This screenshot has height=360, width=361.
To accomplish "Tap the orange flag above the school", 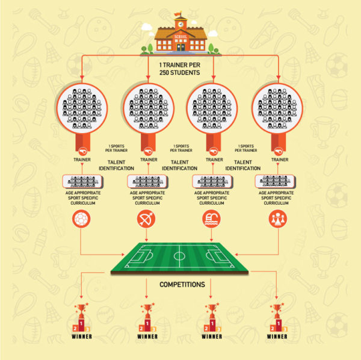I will [178, 14].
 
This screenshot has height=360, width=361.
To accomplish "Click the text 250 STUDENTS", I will [180, 73].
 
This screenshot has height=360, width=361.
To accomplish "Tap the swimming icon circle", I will [212, 220].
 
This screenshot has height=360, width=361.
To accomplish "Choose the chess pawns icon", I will [277, 220].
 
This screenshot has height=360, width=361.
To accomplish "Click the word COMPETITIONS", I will [180, 284].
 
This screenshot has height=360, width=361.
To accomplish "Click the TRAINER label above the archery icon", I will [148, 160].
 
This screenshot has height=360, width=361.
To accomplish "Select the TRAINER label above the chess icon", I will [279, 160].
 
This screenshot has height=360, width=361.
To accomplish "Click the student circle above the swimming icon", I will [212, 109].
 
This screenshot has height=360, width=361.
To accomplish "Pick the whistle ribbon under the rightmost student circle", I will [278, 147].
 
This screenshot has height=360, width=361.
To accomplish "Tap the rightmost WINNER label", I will [277, 337].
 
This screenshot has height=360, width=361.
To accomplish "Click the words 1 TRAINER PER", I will [180, 64].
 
